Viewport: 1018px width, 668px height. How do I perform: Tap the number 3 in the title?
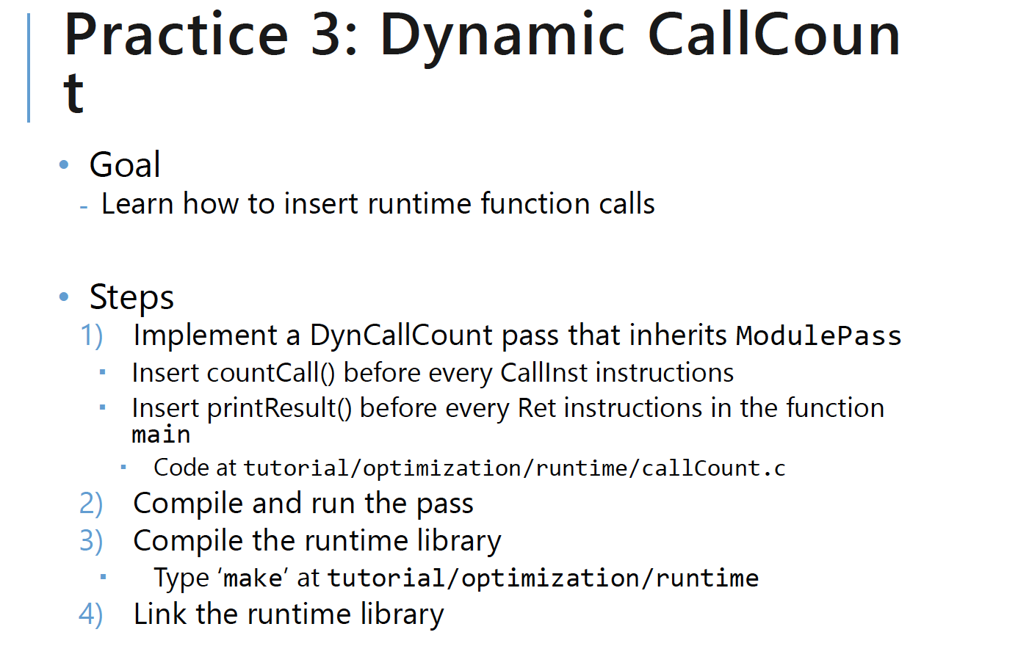[x=326, y=35]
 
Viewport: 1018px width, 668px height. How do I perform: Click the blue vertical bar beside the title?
[x=29, y=68]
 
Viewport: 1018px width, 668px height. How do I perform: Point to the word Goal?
[x=125, y=164]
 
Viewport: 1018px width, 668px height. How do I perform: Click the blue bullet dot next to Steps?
[x=64, y=297]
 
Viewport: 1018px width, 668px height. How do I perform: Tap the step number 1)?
[x=91, y=335]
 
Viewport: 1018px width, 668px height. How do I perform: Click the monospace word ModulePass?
[x=818, y=336]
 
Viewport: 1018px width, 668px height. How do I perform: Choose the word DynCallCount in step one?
[x=401, y=336]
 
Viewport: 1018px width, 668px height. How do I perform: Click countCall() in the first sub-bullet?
[x=271, y=374]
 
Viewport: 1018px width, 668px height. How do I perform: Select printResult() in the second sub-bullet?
[x=280, y=408]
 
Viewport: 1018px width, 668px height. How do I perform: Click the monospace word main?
[x=162, y=435]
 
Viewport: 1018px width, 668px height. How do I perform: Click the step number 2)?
[x=91, y=503]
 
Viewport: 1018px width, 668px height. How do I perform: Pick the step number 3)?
[x=91, y=541]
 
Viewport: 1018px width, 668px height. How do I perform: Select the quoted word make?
[x=253, y=578]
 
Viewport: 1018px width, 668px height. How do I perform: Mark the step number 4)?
[x=91, y=614]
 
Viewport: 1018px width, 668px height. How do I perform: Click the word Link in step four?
[x=160, y=614]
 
